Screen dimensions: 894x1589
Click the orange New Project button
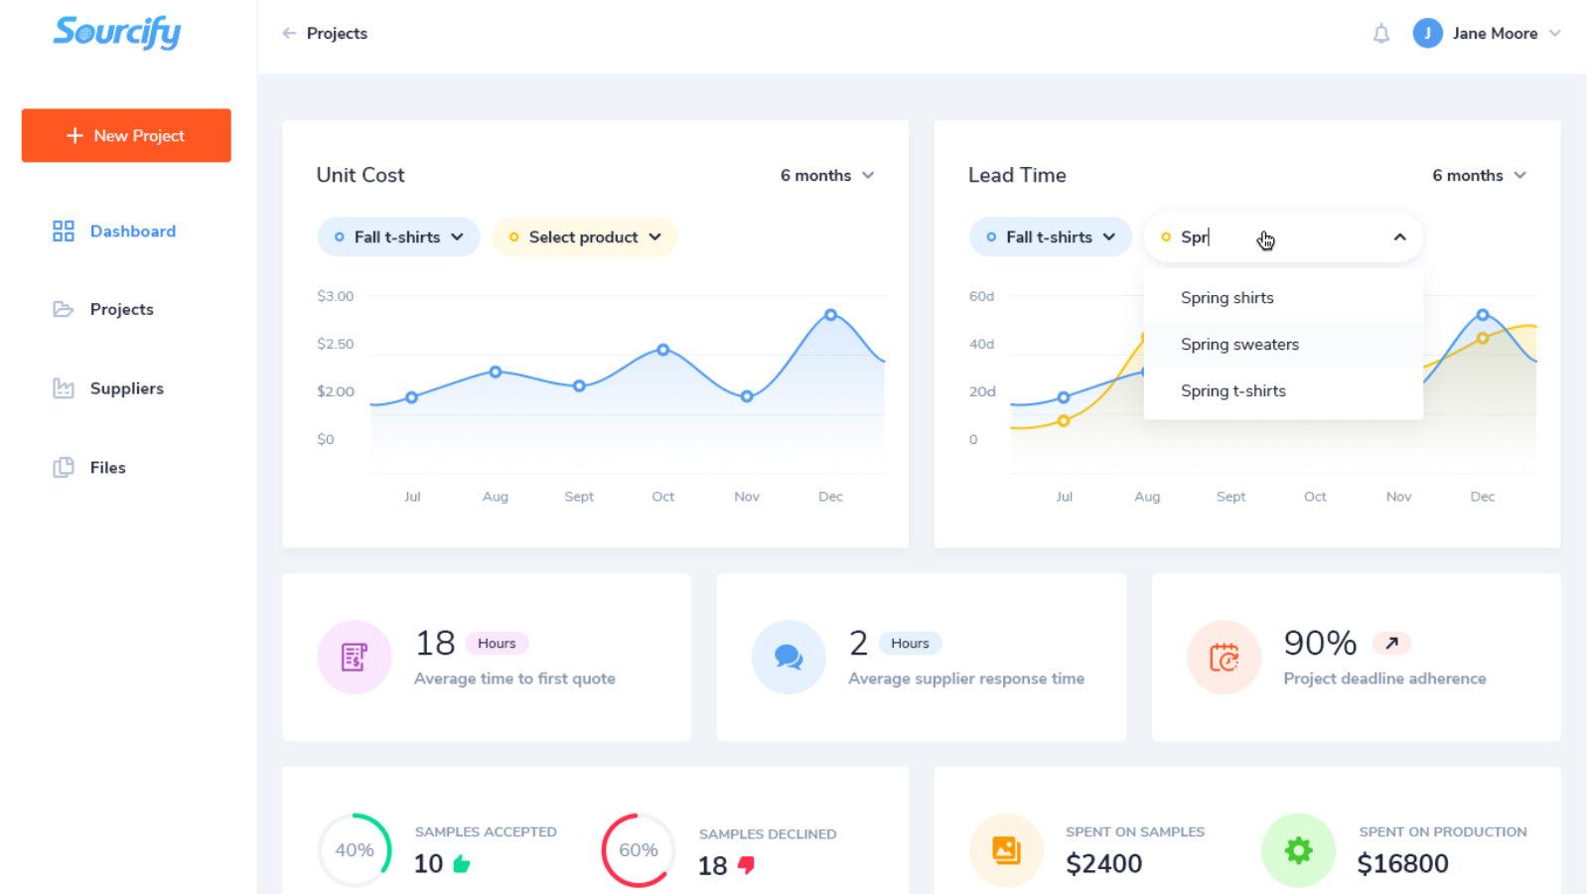pos(126,135)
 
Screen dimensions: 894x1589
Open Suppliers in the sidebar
pos(126,388)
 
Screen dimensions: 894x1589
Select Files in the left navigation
pos(107,468)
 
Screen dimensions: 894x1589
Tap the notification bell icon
pos(1380,34)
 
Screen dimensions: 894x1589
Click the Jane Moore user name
pos(1494,34)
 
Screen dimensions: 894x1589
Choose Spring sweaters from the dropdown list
pos(1239,345)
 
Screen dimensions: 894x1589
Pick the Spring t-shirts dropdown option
pos(1232,391)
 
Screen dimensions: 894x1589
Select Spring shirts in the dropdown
pos(1227,298)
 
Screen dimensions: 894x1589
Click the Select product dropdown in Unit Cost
pos(585,237)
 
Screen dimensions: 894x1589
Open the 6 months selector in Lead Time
pos(1478,176)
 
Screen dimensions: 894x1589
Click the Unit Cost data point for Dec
pos(830,315)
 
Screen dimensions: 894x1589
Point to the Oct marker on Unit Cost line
pos(662,350)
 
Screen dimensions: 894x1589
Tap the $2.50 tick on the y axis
pos(335,344)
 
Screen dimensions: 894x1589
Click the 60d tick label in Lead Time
pos(981,296)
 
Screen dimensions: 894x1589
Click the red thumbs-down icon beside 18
pos(746,865)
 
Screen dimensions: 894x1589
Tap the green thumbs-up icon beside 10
pos(462,864)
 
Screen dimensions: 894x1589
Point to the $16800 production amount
pos(1402,864)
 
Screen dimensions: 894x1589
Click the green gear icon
pos(1298,850)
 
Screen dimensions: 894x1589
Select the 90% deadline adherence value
pos(1319,643)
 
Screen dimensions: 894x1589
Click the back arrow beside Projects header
pos(289,34)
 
